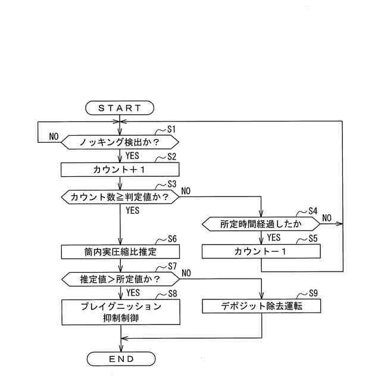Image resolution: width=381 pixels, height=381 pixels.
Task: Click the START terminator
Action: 120,108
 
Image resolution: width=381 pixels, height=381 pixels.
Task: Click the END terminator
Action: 121,359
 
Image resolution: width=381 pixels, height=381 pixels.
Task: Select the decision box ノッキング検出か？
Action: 120,142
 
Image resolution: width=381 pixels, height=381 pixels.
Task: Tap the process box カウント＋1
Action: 120,170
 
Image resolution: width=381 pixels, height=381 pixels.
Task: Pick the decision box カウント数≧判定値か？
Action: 120,197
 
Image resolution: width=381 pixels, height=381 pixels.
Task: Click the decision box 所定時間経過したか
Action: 261,224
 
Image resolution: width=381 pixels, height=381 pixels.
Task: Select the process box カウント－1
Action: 261,252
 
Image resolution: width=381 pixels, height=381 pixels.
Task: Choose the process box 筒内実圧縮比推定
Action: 120,252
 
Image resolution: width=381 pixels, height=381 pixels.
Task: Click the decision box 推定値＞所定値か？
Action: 120,279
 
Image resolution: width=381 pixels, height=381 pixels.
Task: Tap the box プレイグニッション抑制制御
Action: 120,311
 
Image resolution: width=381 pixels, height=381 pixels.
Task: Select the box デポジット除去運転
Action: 261,306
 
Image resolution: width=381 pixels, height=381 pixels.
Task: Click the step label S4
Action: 314,211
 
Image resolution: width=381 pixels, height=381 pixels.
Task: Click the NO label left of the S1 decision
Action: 54,136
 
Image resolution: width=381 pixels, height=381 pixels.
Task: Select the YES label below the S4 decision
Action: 274,238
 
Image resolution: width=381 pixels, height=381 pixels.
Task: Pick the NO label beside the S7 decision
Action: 186,273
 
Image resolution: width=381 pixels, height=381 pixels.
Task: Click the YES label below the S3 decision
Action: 133,210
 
